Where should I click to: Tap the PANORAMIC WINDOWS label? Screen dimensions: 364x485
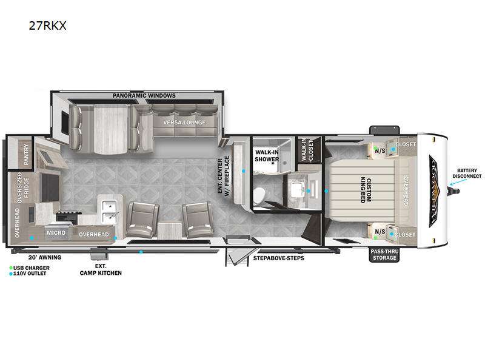144,96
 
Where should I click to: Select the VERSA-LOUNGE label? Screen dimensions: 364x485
184,123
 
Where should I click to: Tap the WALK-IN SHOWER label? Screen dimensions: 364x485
267,155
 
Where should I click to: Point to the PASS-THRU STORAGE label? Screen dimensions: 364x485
384,254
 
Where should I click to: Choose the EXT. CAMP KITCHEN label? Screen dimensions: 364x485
101,269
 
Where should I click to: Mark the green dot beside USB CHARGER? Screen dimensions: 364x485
11,268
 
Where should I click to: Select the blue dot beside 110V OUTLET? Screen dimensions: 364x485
11,274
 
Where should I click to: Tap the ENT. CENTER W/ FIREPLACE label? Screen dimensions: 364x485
224,176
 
